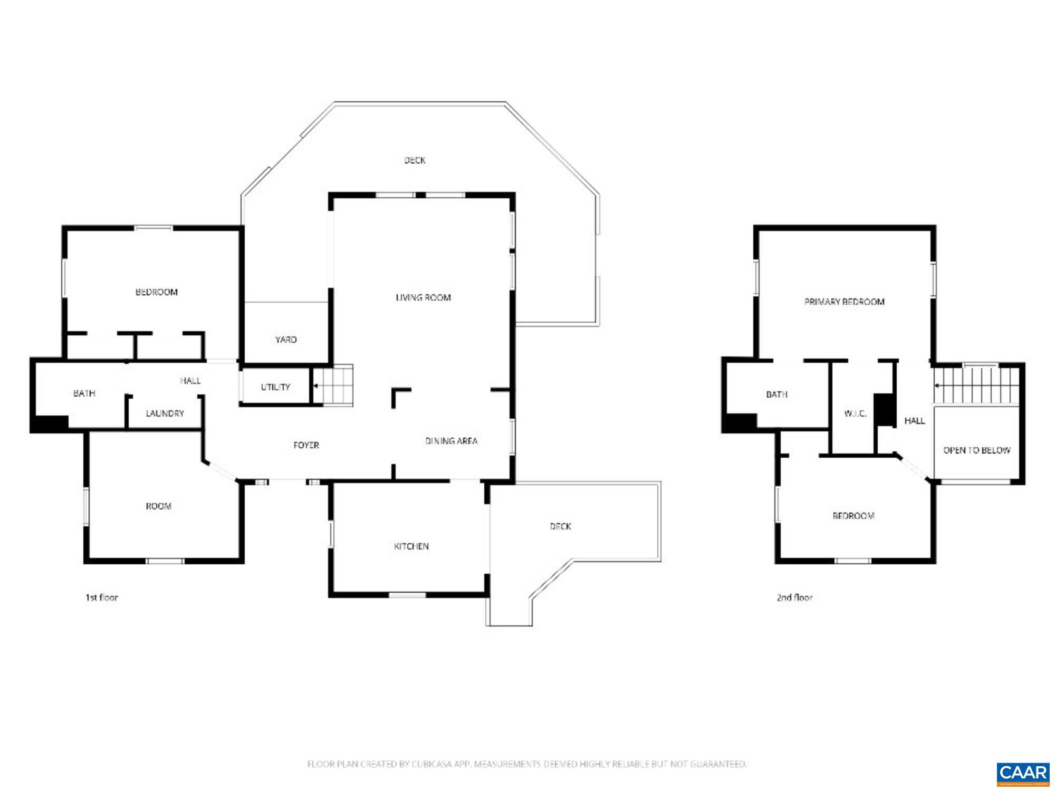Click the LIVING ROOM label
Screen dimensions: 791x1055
(423, 297)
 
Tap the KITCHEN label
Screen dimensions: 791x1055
(411, 546)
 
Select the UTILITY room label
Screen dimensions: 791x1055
(275, 387)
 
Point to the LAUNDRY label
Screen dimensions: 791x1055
(165, 413)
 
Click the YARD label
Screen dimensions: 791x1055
(286, 340)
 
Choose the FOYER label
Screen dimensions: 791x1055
(306, 445)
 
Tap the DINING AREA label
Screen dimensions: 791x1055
(452, 441)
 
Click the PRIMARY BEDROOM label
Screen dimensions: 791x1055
(844, 302)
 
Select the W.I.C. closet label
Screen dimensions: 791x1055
(855, 413)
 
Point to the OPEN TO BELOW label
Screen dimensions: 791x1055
(976, 450)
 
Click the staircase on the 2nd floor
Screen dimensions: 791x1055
(976, 385)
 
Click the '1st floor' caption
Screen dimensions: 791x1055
(102, 597)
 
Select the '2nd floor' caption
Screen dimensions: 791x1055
(794, 597)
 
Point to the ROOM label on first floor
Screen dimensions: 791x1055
(158, 506)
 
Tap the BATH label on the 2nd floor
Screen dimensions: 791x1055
(776, 394)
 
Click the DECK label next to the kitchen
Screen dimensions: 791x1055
(560, 526)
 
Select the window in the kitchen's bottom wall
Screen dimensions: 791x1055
(407, 595)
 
